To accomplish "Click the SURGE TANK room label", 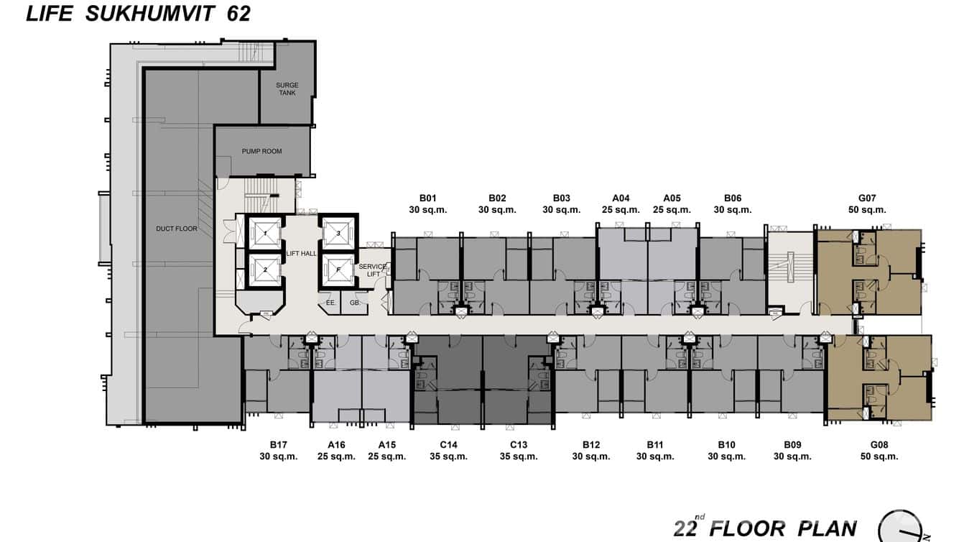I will (x=287, y=89).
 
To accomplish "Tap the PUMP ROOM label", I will (x=261, y=152).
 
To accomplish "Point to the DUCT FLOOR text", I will (x=176, y=229).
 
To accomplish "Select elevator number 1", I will (x=265, y=233).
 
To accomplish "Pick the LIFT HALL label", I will (x=301, y=253).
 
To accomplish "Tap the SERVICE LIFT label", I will (x=372, y=270).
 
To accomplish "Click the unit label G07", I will (x=867, y=198).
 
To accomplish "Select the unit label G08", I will (x=879, y=444).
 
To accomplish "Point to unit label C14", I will (x=448, y=444).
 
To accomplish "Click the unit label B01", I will (x=428, y=198).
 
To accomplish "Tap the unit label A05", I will (x=672, y=198).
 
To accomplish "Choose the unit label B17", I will (x=279, y=444).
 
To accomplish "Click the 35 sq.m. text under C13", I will (x=519, y=456).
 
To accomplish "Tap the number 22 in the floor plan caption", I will (x=685, y=529).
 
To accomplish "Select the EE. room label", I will (x=330, y=303).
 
